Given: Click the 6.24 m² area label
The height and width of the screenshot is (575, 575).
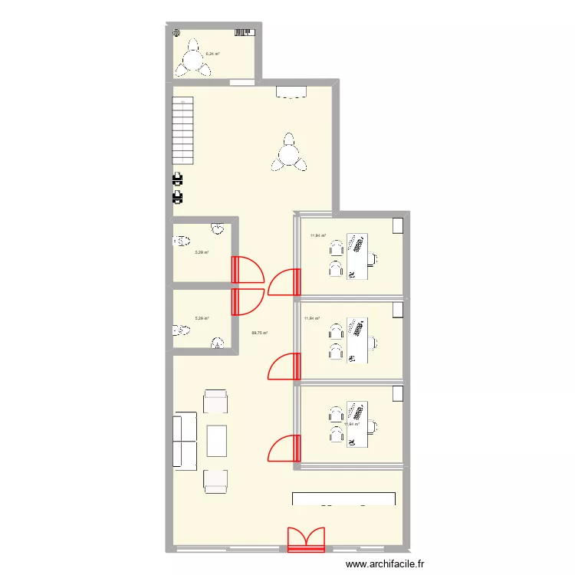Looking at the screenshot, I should [212, 54].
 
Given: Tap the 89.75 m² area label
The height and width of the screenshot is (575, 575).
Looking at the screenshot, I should [259, 333].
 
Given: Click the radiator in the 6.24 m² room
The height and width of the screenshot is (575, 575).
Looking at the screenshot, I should [245, 32].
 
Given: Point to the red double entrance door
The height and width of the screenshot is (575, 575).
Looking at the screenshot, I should [306, 539].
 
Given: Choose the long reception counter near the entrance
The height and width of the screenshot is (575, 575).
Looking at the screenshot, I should [343, 498].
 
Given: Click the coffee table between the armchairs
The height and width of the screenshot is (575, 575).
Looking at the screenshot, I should [216, 441].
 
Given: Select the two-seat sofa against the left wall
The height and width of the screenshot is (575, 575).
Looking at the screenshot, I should [186, 439].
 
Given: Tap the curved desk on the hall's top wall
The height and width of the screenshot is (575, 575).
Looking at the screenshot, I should [291, 92].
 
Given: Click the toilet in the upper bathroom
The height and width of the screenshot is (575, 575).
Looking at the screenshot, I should [182, 242].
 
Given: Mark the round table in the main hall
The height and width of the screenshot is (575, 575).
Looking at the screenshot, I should [287, 155].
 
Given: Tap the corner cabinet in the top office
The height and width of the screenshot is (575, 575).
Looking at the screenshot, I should [398, 226].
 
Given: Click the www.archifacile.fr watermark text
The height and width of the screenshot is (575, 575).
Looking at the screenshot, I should [386, 563].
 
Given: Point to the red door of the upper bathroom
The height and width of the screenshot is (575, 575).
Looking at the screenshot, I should [248, 270].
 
